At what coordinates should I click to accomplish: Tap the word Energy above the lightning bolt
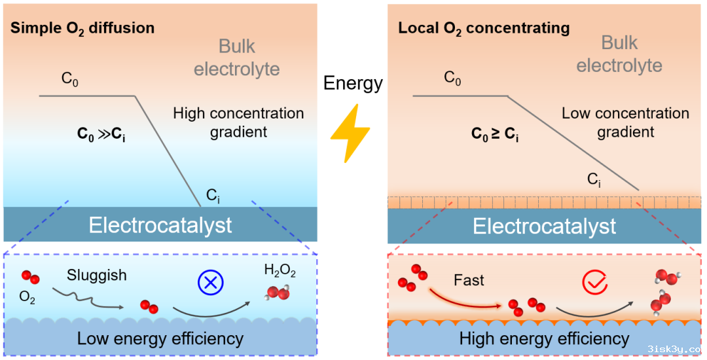coord(353,83)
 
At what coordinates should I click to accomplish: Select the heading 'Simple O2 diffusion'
coord(82,28)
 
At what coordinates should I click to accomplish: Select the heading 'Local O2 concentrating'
coord(484,29)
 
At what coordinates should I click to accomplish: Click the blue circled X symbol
coord(211,281)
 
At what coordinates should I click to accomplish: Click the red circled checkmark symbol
coord(594,283)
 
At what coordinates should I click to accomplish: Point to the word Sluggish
coord(97,275)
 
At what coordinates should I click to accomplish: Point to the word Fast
coord(469,281)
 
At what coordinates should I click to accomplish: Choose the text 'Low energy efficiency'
coord(160,338)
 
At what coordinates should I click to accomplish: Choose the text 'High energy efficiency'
coord(544,338)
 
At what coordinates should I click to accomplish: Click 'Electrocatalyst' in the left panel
coord(160,225)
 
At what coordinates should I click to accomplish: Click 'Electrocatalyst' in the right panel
coord(544,226)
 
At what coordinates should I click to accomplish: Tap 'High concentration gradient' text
coord(238,122)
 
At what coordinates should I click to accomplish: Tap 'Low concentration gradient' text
coord(625,122)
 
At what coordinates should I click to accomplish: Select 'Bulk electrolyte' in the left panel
coord(237,58)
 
